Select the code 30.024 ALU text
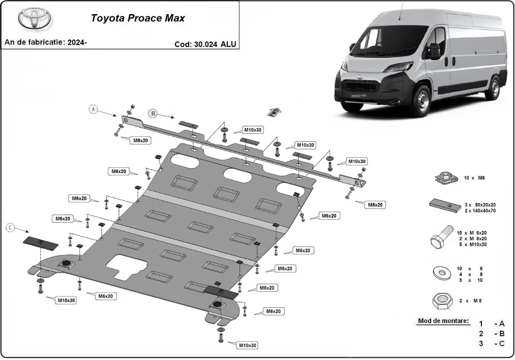(205, 44)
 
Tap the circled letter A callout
(93, 110)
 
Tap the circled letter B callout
(153, 113)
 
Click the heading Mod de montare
(443, 321)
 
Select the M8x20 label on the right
(374, 205)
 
